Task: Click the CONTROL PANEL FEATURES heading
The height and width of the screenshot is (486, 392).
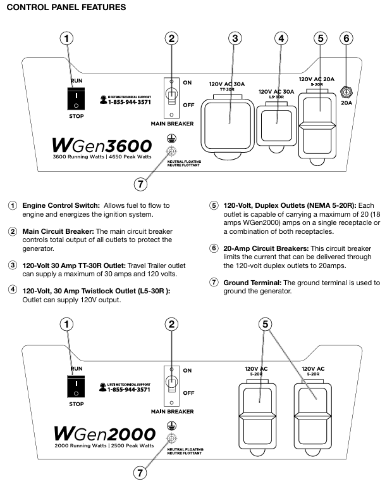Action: (66, 8)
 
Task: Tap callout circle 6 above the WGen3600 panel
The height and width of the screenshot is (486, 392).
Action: (345, 38)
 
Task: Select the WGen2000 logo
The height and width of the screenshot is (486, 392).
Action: (105, 435)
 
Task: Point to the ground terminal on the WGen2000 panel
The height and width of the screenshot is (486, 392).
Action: (169, 438)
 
